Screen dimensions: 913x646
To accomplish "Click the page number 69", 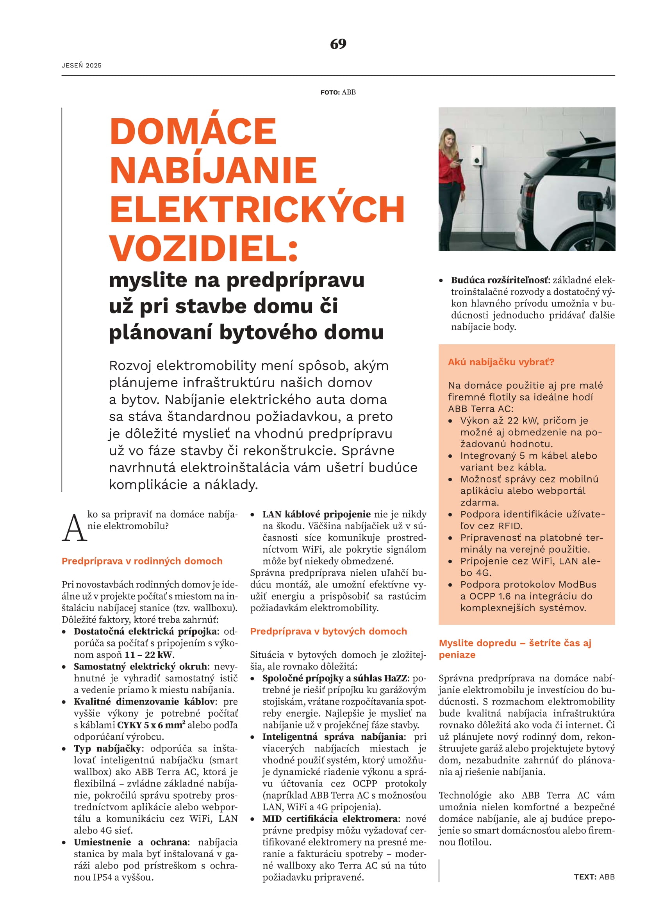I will (338, 44).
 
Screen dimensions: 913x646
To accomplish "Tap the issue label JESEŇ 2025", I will (82, 65).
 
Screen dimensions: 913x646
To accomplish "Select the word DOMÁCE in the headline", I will (193, 132).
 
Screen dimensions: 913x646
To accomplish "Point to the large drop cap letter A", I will (74, 528).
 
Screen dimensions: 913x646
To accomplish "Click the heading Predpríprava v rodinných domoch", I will (142, 561).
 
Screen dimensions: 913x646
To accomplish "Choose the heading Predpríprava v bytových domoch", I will (328, 631).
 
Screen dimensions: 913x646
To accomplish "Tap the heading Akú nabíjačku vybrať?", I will (501, 362).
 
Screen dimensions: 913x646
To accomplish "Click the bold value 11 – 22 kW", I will (149, 655).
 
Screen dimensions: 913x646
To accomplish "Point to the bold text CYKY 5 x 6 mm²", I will (151, 725).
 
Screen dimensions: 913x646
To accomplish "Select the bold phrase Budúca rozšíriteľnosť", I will (499, 280).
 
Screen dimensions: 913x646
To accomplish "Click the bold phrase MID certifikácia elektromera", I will (330, 819).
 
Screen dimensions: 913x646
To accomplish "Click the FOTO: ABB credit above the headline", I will (338, 92).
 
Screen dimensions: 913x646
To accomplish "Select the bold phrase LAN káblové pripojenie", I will (316, 514).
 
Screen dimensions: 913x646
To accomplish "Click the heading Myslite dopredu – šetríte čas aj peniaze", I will (515, 649).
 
